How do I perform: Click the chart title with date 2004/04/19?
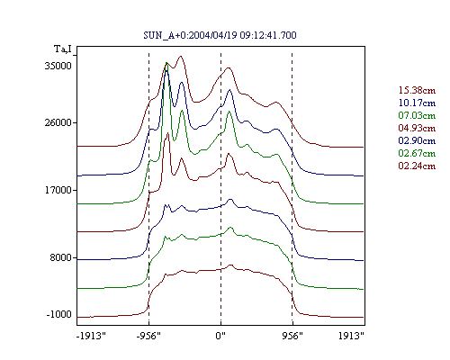click(x=220, y=35)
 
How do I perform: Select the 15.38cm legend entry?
click(x=417, y=90)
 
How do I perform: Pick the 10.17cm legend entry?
click(x=417, y=103)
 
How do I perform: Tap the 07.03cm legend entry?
click(x=417, y=115)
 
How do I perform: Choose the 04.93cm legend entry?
click(x=417, y=128)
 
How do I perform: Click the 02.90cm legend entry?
click(x=417, y=140)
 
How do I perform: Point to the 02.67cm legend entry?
click(x=417, y=153)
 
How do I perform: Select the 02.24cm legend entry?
click(x=417, y=166)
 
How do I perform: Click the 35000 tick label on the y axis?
click(x=58, y=66)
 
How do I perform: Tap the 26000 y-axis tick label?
click(x=58, y=122)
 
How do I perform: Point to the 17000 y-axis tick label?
click(x=58, y=190)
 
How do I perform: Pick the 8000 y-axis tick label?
click(x=61, y=257)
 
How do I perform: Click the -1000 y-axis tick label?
click(x=59, y=314)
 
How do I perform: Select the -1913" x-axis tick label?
click(x=91, y=336)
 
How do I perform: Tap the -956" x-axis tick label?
click(x=148, y=336)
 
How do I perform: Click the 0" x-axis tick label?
click(x=220, y=336)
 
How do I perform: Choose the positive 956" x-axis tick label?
click(x=292, y=336)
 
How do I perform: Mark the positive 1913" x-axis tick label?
click(x=351, y=336)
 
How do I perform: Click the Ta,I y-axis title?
click(x=63, y=49)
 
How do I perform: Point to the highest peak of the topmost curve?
click(x=180, y=56)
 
